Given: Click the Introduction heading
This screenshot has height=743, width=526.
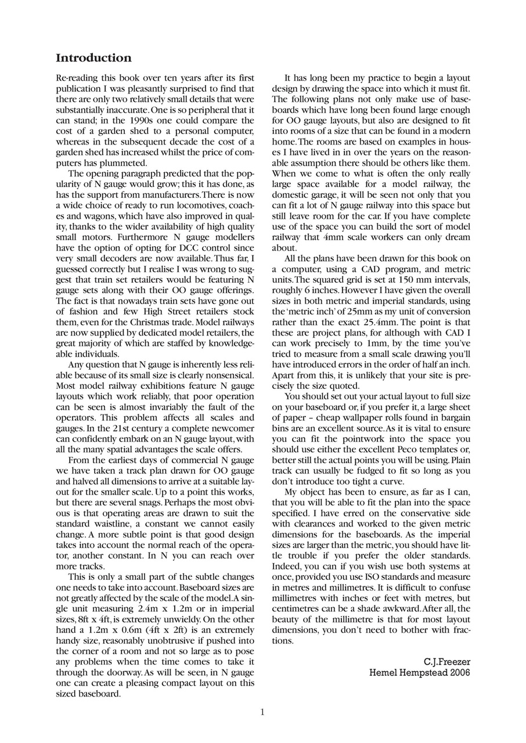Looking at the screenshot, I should tap(93, 58).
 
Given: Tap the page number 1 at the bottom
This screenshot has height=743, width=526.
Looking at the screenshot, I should tap(262, 712).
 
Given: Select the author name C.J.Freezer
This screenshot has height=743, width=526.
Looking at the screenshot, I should tap(447, 661).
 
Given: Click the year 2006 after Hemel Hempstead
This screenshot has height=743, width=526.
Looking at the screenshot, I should tap(459, 673).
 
